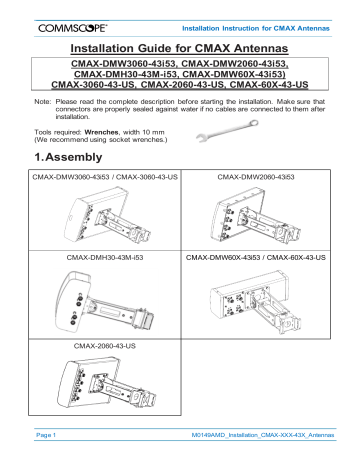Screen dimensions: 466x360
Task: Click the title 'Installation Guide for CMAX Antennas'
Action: click(x=180, y=48)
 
